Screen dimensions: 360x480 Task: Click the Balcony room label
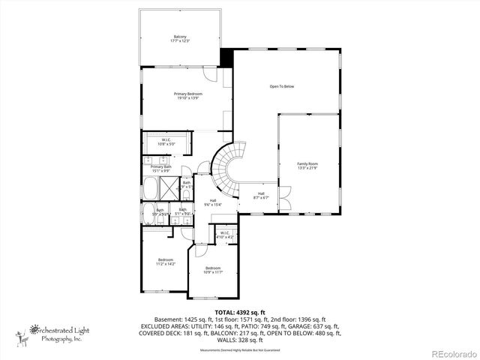tap(180, 38)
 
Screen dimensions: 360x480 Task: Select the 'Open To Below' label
tap(282, 86)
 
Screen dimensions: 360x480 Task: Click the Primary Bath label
tap(161, 169)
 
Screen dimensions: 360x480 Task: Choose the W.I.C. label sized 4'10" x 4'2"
tap(225, 235)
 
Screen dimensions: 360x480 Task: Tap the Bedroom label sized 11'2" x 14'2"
tap(166, 262)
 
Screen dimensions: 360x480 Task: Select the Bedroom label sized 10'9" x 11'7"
tap(213, 270)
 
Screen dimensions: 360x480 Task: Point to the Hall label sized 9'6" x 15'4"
tap(213, 202)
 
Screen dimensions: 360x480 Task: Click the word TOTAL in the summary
tap(226, 312)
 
